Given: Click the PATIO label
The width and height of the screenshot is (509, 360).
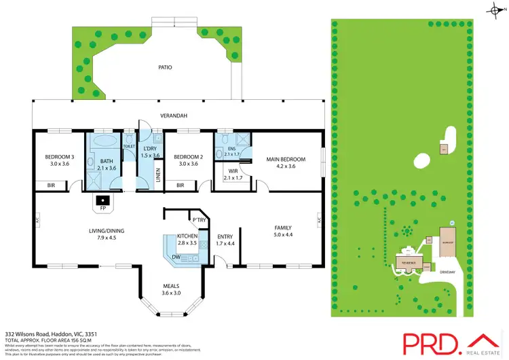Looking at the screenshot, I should pos(164,68).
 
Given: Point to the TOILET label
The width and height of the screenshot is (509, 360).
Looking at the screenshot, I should pos(128,146).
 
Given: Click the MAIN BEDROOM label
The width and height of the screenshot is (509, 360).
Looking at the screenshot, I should pos(285,159).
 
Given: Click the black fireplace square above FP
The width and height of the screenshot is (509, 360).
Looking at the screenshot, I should pos(102,200).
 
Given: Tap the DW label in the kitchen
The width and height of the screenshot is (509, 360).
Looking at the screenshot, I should pos(176,257).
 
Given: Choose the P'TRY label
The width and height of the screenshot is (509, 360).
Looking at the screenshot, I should pos(199,220).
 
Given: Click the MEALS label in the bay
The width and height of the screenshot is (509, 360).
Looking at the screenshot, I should pos(172,285).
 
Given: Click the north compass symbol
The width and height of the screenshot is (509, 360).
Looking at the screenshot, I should pos(493,9).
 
